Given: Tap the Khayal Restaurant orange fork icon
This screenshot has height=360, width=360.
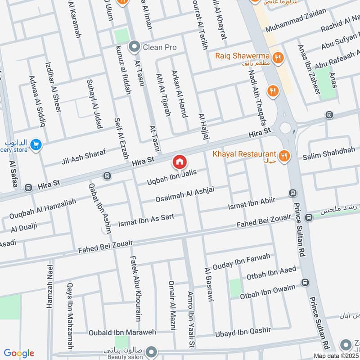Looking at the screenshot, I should coord(284,155).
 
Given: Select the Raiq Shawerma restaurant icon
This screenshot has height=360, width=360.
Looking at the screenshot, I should coord(278,57).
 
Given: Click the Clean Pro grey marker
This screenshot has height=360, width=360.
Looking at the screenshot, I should coord(134,46).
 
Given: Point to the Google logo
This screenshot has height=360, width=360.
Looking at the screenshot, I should coord(19,353).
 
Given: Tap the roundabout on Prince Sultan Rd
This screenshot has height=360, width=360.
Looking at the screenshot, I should coord(285,128).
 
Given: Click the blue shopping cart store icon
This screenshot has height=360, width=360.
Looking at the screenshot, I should coord(36,144).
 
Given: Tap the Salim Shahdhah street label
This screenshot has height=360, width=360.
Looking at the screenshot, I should coord(328,155).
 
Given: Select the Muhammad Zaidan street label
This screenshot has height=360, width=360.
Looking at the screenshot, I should coord(296,20).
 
